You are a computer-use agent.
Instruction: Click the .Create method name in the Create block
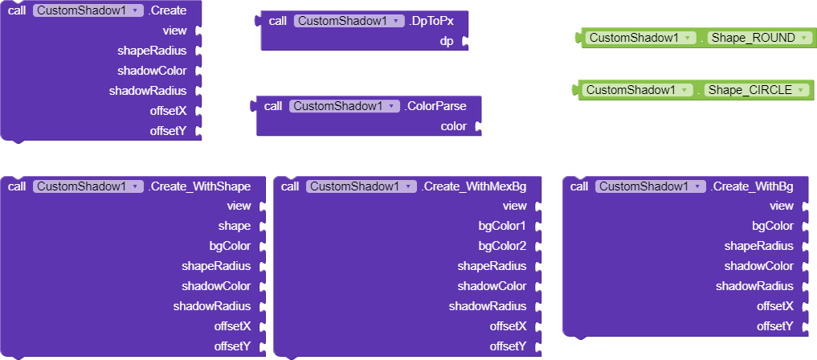pos(167,11)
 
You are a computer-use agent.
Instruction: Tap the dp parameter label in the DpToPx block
pos(447,41)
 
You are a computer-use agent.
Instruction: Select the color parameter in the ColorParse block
pos(453,126)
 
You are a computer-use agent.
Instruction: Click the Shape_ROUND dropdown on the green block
pos(758,38)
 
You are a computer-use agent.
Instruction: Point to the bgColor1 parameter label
pos(501,226)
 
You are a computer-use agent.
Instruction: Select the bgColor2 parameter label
pos(501,246)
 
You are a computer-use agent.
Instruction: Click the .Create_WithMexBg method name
pos(474,186)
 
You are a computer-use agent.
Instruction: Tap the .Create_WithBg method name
pos(752,186)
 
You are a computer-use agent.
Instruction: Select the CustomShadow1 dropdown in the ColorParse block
pos(344,106)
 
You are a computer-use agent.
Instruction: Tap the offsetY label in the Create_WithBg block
pos(775,326)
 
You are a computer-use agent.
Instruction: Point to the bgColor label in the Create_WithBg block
pos(773,226)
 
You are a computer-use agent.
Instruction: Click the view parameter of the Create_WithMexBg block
pos(514,206)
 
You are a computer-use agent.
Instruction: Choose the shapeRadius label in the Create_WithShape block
pos(216,266)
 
